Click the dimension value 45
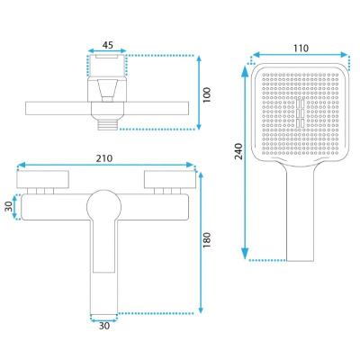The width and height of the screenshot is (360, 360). coord(108,45)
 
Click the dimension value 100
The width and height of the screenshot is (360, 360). coord(207,95)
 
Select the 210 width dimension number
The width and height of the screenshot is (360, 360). coord(104,158)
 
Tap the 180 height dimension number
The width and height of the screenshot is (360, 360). coord(207,239)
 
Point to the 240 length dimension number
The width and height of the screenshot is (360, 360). coord(238,151)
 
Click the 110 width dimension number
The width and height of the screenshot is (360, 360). coord(301,48)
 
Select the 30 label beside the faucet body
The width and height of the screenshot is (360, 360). coord(9,206)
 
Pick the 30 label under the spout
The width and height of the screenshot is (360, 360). coord(104,326)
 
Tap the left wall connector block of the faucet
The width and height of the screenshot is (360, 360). coord(43,180)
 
